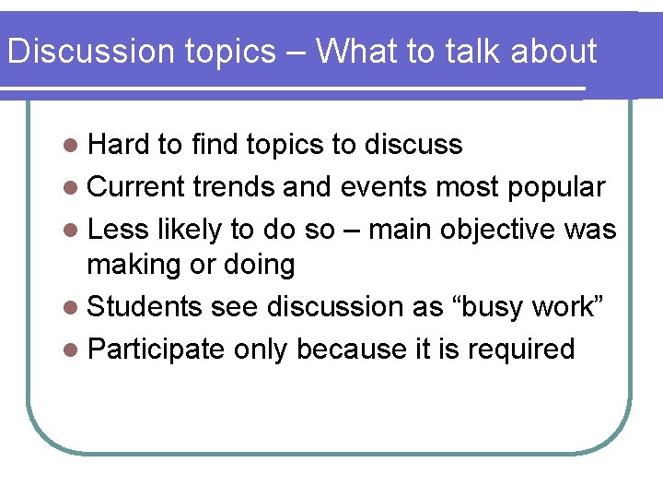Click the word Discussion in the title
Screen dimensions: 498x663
coord(76,52)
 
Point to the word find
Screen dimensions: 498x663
coord(215,145)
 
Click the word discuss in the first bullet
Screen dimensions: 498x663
coord(413,145)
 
